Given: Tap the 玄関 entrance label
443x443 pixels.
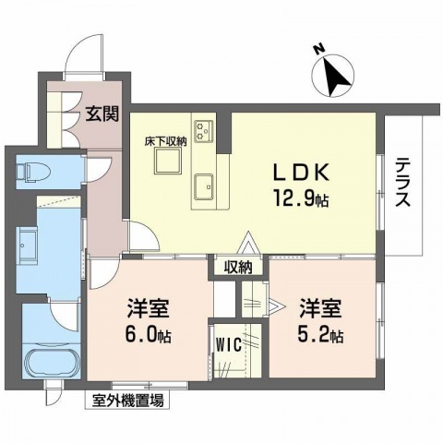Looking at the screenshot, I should pos(101,115).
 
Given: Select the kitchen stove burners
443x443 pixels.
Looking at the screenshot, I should pos(203,128).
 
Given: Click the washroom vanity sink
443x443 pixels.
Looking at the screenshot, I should pos(26,247).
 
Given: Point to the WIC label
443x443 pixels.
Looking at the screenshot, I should pos(228,345).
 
